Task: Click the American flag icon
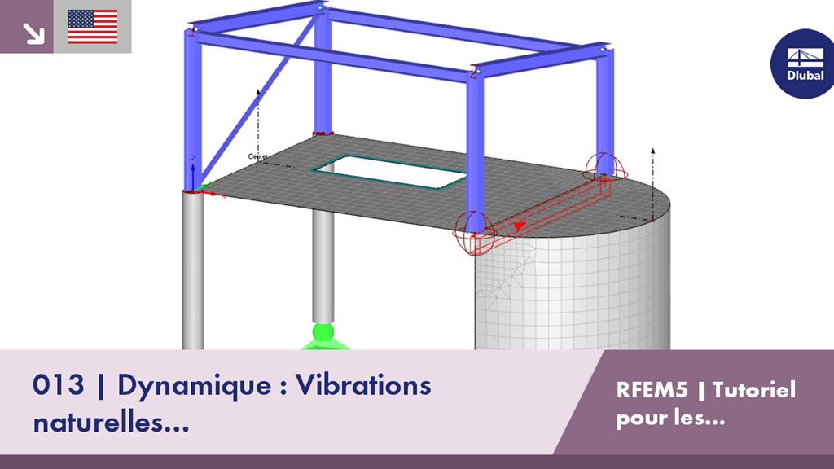pyautogui.click(x=93, y=27)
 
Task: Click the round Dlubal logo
pyautogui.click(x=803, y=64)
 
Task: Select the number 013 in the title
pyautogui.click(x=58, y=384)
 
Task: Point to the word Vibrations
pyautogui.click(x=363, y=384)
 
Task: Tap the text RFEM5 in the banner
pyautogui.click(x=652, y=390)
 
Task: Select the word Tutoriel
pyautogui.click(x=754, y=390)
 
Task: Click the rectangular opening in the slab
pyautogui.click(x=389, y=172)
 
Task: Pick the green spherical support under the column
pyautogui.click(x=323, y=332)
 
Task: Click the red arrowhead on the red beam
pyautogui.click(x=519, y=226)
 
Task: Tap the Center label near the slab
pyautogui.click(x=258, y=156)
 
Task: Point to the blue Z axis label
pyautogui.click(x=194, y=158)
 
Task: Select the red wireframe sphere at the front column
pyautogui.click(x=474, y=233)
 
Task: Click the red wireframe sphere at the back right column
pyautogui.click(x=605, y=167)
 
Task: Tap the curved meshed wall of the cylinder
pyautogui.click(x=573, y=290)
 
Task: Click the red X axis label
pyautogui.click(x=223, y=197)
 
